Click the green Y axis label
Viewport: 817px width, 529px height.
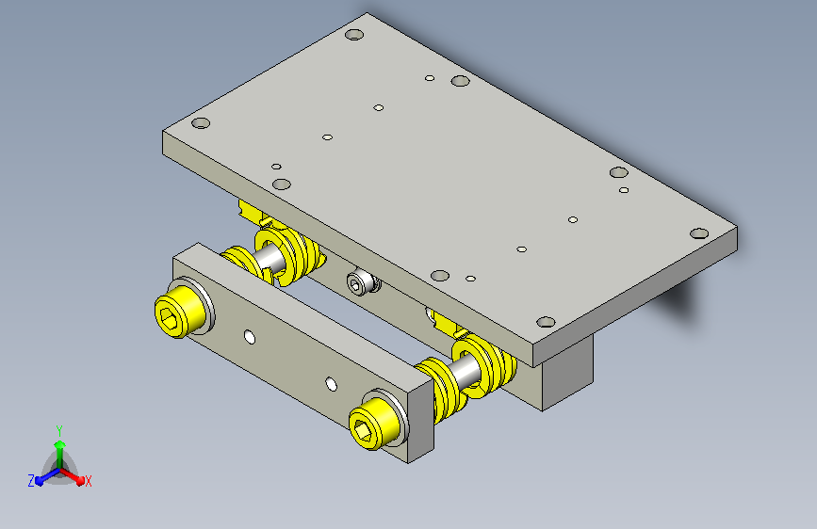point(59,430)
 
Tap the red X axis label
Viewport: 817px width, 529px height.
point(88,481)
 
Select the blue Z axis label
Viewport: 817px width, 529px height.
point(31,481)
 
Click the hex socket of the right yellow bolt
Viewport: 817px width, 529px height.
point(363,429)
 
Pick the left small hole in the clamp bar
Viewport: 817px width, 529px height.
point(250,337)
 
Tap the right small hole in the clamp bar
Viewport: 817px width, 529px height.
point(332,384)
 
